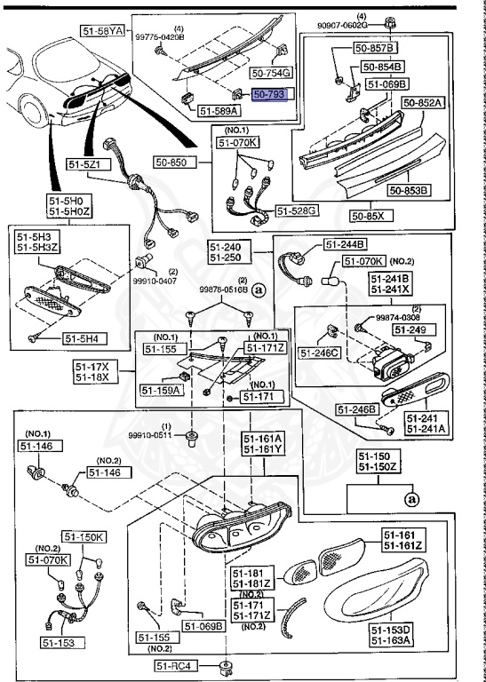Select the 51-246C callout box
(x=323, y=353)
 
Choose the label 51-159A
(x=161, y=389)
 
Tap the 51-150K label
(x=84, y=537)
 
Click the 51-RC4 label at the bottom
(x=173, y=666)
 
